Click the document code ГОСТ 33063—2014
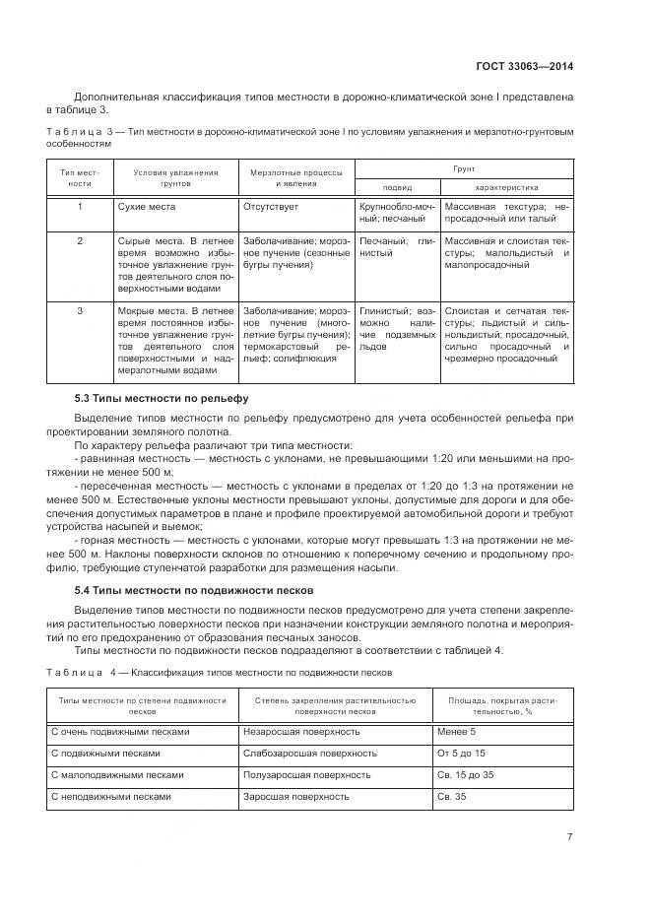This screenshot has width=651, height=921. (528, 67)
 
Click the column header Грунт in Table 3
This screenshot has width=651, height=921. (463, 169)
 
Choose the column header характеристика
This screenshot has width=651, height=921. (506, 187)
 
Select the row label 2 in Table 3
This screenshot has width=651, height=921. (80, 240)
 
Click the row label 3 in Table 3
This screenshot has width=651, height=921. (80, 310)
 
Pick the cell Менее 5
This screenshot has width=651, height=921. (457, 732)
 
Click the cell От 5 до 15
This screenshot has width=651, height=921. (461, 754)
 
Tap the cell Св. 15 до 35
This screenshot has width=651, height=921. (467, 775)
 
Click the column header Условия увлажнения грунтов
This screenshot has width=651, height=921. (163, 177)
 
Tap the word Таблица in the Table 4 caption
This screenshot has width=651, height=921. (75, 672)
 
